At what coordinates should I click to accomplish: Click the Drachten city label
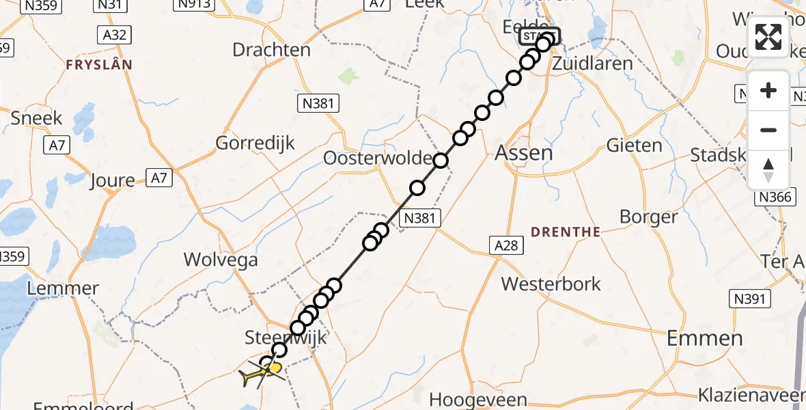pyautogui.click(x=271, y=50)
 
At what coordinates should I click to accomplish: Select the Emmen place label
pyautogui.click(x=704, y=338)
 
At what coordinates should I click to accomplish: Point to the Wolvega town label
pyautogui.click(x=221, y=260)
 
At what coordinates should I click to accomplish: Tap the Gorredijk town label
pyautogui.click(x=255, y=143)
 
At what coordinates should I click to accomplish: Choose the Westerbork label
pyautogui.click(x=551, y=284)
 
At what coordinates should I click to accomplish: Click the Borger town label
pyautogui.click(x=648, y=217)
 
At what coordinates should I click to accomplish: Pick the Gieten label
pyautogui.click(x=634, y=146)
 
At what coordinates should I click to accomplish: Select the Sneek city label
pyautogui.click(x=36, y=118)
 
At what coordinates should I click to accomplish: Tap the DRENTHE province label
pyautogui.click(x=566, y=232)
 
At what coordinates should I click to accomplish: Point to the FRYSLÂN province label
pyautogui.click(x=98, y=65)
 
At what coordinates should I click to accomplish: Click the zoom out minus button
pyautogui.click(x=768, y=131)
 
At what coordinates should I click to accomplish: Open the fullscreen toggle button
pyautogui.click(x=768, y=37)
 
